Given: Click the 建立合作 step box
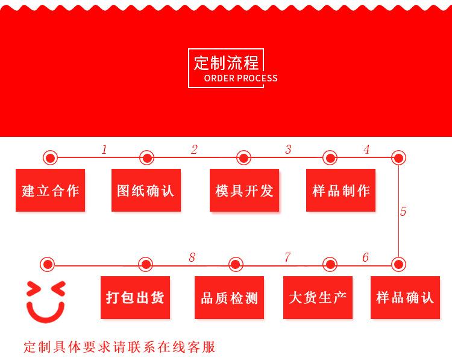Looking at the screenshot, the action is [x=50, y=191].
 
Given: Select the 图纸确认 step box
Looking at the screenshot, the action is [x=146, y=191].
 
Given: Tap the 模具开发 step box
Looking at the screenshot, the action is [x=244, y=191].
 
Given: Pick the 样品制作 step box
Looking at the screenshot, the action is [x=341, y=191].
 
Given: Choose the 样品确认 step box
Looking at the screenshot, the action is [x=404, y=297].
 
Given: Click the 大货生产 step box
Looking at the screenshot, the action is [x=318, y=297].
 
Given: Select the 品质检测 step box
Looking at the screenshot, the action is [x=230, y=297].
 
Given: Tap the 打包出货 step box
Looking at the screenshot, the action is [x=135, y=297].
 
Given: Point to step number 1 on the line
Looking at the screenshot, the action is [x=104, y=150].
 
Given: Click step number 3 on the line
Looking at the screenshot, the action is [x=288, y=150].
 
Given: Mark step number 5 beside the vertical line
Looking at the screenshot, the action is [x=403, y=212].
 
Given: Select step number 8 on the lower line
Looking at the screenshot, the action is [x=192, y=258].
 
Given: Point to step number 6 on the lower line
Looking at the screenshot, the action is [x=365, y=258].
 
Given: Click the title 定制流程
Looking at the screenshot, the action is [x=226, y=63].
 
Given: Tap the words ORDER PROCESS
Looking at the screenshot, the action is [x=241, y=78].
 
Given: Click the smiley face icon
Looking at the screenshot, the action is [x=45, y=300].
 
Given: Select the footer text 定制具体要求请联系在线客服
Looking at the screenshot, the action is [x=119, y=348].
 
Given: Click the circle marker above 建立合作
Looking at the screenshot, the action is [x=50, y=158].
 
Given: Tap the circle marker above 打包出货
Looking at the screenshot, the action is [x=145, y=264].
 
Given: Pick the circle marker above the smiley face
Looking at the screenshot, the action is [x=48, y=264].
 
